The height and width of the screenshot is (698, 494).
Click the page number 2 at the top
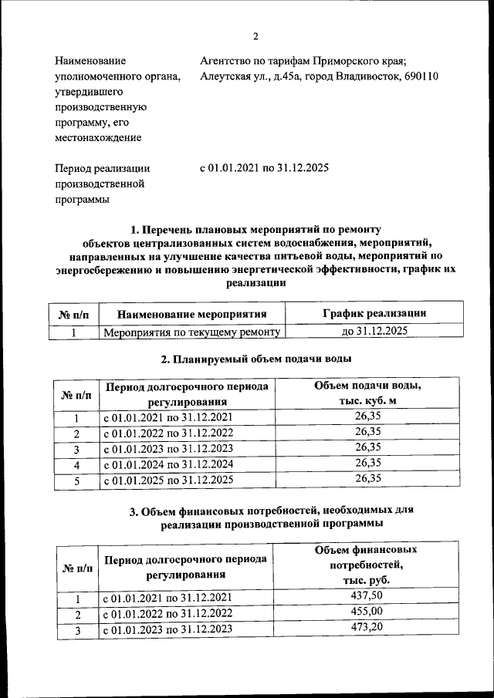coord(255,36)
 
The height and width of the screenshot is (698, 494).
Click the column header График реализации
coord(374,312)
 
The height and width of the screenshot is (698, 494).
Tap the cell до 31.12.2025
coord(374,332)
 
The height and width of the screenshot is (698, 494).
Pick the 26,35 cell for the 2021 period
coord(368,417)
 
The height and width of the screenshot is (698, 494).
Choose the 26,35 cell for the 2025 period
coord(368,479)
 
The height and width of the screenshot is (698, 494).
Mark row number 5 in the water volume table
coord(76,480)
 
